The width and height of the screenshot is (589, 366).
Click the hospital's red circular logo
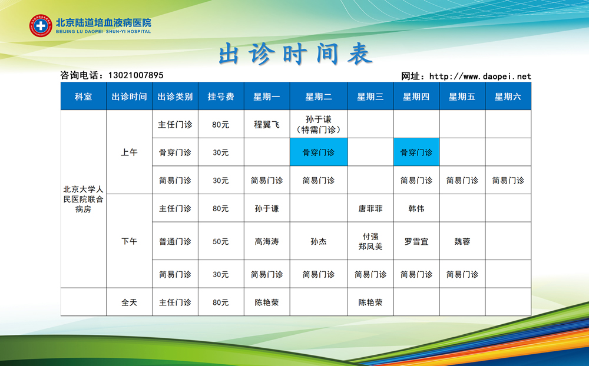point(41,25)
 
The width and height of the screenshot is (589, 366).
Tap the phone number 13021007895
point(135,75)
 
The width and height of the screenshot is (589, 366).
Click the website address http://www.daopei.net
point(480,76)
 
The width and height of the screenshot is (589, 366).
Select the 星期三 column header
point(370,97)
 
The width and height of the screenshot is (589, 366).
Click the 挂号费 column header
point(221,97)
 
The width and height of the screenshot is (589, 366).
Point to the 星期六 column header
point(508,97)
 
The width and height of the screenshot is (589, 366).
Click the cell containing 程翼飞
point(267,124)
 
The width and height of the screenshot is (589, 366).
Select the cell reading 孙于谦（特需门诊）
point(319,124)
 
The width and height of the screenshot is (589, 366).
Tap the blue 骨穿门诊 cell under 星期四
point(416,152)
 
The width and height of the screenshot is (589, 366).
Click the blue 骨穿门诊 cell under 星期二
point(319,152)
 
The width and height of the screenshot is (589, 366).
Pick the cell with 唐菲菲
point(370,208)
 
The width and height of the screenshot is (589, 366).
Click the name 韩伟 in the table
point(416,208)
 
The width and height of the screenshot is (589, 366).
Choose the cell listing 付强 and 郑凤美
point(370,241)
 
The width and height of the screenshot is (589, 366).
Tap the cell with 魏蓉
point(462,241)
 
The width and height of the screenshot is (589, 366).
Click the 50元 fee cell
point(221,241)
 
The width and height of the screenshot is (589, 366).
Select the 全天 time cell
point(129,302)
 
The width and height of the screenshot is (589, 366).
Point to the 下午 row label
point(129,241)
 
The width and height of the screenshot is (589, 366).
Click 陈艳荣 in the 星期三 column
point(370,302)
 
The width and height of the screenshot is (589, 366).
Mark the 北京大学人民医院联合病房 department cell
point(84,199)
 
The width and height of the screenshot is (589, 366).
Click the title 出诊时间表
point(296,54)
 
